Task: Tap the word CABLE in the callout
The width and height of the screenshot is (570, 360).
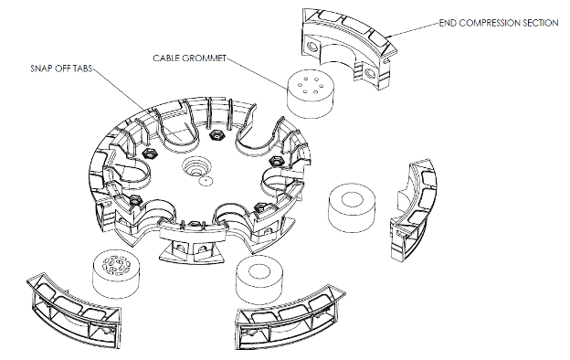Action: [x=164, y=58]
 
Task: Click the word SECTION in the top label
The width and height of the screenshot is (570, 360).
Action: [x=540, y=23]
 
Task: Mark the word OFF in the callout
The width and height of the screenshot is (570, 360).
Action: [x=61, y=69]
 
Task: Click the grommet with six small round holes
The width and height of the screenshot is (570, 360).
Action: [x=310, y=94]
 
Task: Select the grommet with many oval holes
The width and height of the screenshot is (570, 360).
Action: [x=116, y=274]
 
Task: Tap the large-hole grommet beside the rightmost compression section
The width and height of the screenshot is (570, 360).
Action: [x=351, y=208]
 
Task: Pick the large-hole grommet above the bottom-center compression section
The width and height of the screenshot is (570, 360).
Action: [x=259, y=281]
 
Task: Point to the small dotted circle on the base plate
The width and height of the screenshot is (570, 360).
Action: [x=206, y=181]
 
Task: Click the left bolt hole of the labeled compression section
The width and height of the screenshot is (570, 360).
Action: [x=312, y=47]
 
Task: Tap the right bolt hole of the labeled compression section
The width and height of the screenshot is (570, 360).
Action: [x=371, y=74]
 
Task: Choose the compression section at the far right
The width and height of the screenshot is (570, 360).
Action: [x=413, y=210]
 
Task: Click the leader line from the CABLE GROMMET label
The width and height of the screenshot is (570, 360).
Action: [x=258, y=73]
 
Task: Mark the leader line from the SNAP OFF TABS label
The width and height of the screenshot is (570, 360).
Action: [x=137, y=103]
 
